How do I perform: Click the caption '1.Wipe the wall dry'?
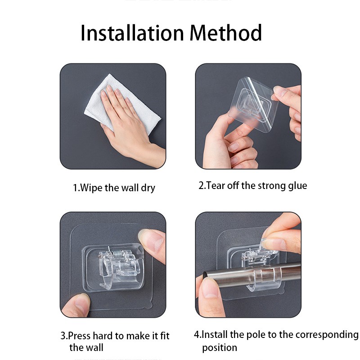tap(114, 188)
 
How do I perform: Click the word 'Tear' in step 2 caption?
tap(216, 185)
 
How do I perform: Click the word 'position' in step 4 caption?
tap(219, 347)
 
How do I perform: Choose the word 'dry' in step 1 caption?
tap(148, 188)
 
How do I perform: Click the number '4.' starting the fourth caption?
tap(198, 334)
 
